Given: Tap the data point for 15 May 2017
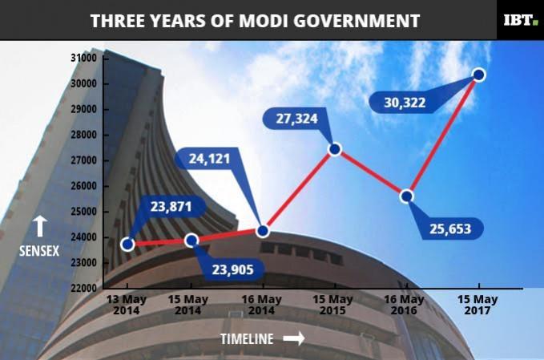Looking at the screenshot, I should (x=479, y=75).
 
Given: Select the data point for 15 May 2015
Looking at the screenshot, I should (x=335, y=149).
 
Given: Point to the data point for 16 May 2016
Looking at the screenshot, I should (x=406, y=196).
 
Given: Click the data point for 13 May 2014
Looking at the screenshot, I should (x=127, y=244).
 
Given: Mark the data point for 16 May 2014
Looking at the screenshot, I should (x=262, y=231).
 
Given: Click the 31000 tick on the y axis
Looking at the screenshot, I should (x=83, y=59).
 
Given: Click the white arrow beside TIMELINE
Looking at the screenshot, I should (x=294, y=339).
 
